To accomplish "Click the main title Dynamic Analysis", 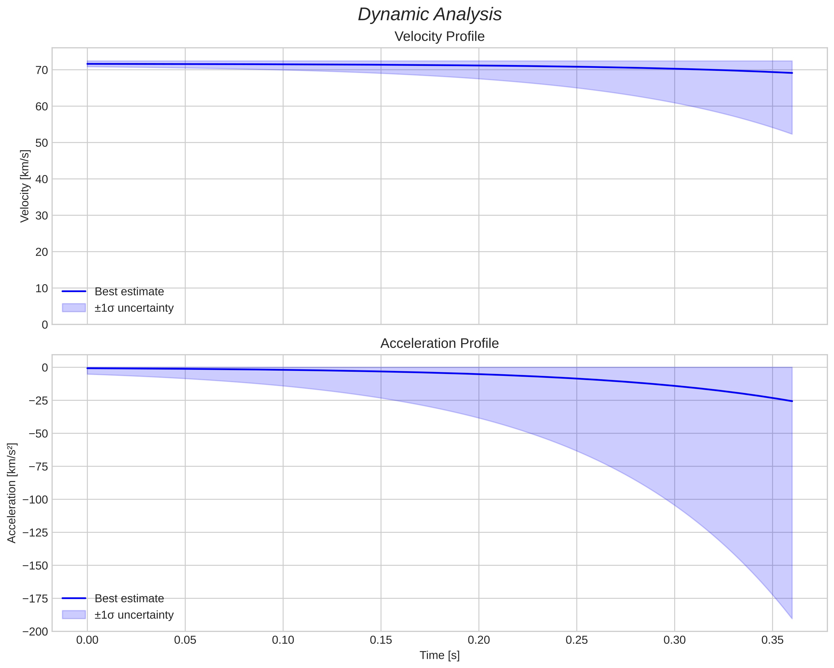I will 429,15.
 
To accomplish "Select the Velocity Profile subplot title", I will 439,37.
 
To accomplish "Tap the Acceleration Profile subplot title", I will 439,343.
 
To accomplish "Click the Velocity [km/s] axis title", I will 25,186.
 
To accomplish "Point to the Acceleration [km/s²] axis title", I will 12,493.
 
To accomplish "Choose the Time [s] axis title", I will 439,655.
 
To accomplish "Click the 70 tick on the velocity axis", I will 41,70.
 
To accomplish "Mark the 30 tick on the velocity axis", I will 41,215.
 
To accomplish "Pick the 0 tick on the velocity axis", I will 45,325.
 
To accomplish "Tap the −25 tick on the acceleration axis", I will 37,400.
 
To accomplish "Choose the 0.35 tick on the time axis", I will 772,640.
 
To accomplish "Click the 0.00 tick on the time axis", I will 87,640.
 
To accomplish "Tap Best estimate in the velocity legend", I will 129,292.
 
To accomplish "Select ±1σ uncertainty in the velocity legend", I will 134,308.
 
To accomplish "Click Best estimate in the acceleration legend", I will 129,599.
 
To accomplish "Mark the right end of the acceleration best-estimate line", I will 792,401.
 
